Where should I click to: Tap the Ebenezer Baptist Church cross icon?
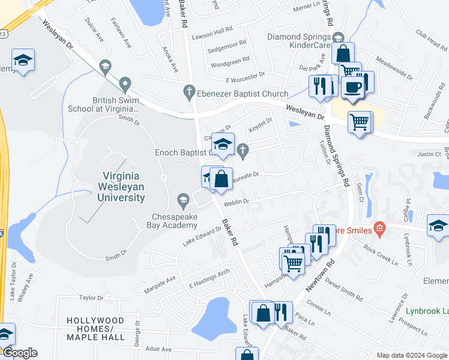tap(188, 92)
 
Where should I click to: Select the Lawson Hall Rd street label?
tap(212, 29)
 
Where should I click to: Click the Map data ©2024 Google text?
tap(412, 355)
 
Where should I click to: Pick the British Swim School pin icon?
tap(125, 83)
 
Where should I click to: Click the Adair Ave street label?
tap(158, 349)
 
